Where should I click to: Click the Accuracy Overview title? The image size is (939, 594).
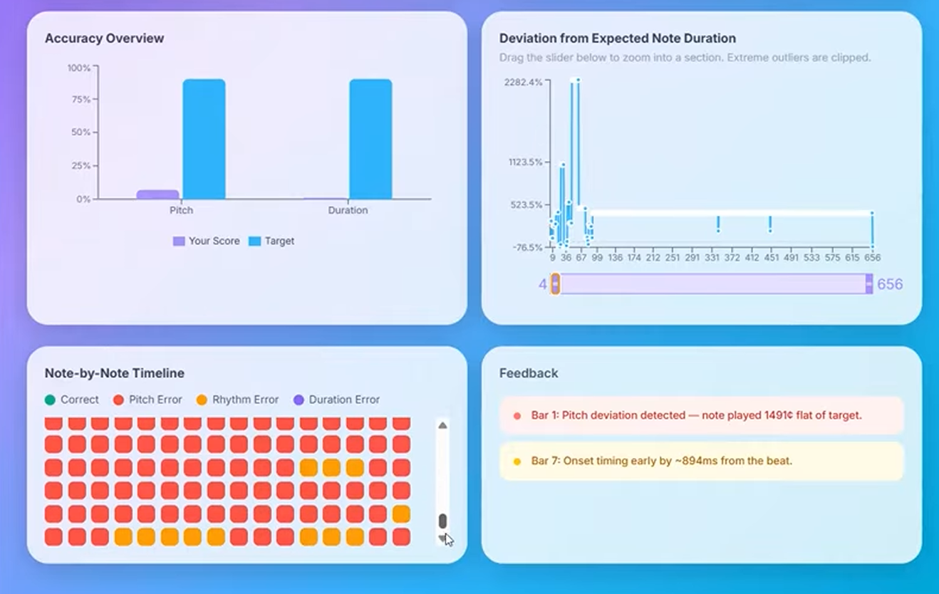click(x=104, y=38)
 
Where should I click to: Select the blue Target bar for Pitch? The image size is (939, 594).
click(x=204, y=139)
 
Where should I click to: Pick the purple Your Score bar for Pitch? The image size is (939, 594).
click(x=157, y=194)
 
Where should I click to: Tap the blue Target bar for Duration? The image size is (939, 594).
click(x=370, y=139)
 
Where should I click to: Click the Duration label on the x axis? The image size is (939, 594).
click(x=348, y=211)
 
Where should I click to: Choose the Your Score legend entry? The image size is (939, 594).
click(x=207, y=241)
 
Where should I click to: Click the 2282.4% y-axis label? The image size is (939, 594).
click(x=523, y=82)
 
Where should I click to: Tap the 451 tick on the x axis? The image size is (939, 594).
click(x=772, y=258)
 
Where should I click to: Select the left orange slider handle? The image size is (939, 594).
click(x=556, y=284)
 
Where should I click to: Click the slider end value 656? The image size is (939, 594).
click(x=890, y=285)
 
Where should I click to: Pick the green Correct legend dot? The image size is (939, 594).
click(x=50, y=400)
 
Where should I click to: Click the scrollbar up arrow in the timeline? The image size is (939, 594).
click(x=442, y=426)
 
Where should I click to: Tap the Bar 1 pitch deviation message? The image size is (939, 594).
click(x=696, y=415)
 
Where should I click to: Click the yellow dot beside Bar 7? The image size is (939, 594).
click(x=517, y=462)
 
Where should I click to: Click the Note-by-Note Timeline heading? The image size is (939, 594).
click(x=114, y=373)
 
